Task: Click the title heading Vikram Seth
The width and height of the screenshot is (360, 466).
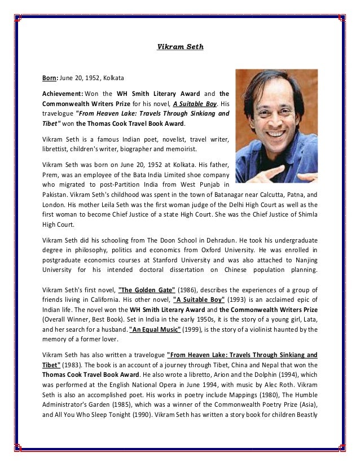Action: click(x=180, y=47)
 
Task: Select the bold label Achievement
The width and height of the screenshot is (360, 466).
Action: click(x=63, y=93)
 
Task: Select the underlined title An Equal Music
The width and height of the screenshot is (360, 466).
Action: click(x=155, y=329)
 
